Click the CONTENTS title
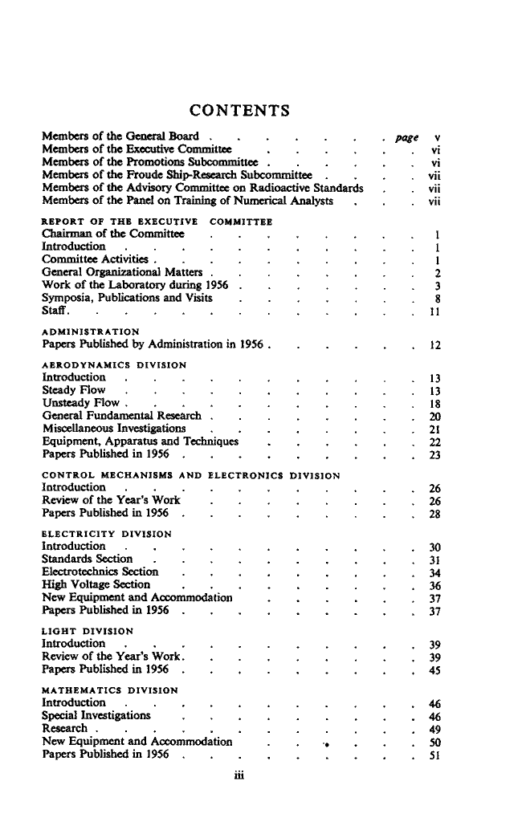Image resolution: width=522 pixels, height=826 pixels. click(x=239, y=109)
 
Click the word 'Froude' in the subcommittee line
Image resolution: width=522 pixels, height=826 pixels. click(x=162, y=176)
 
